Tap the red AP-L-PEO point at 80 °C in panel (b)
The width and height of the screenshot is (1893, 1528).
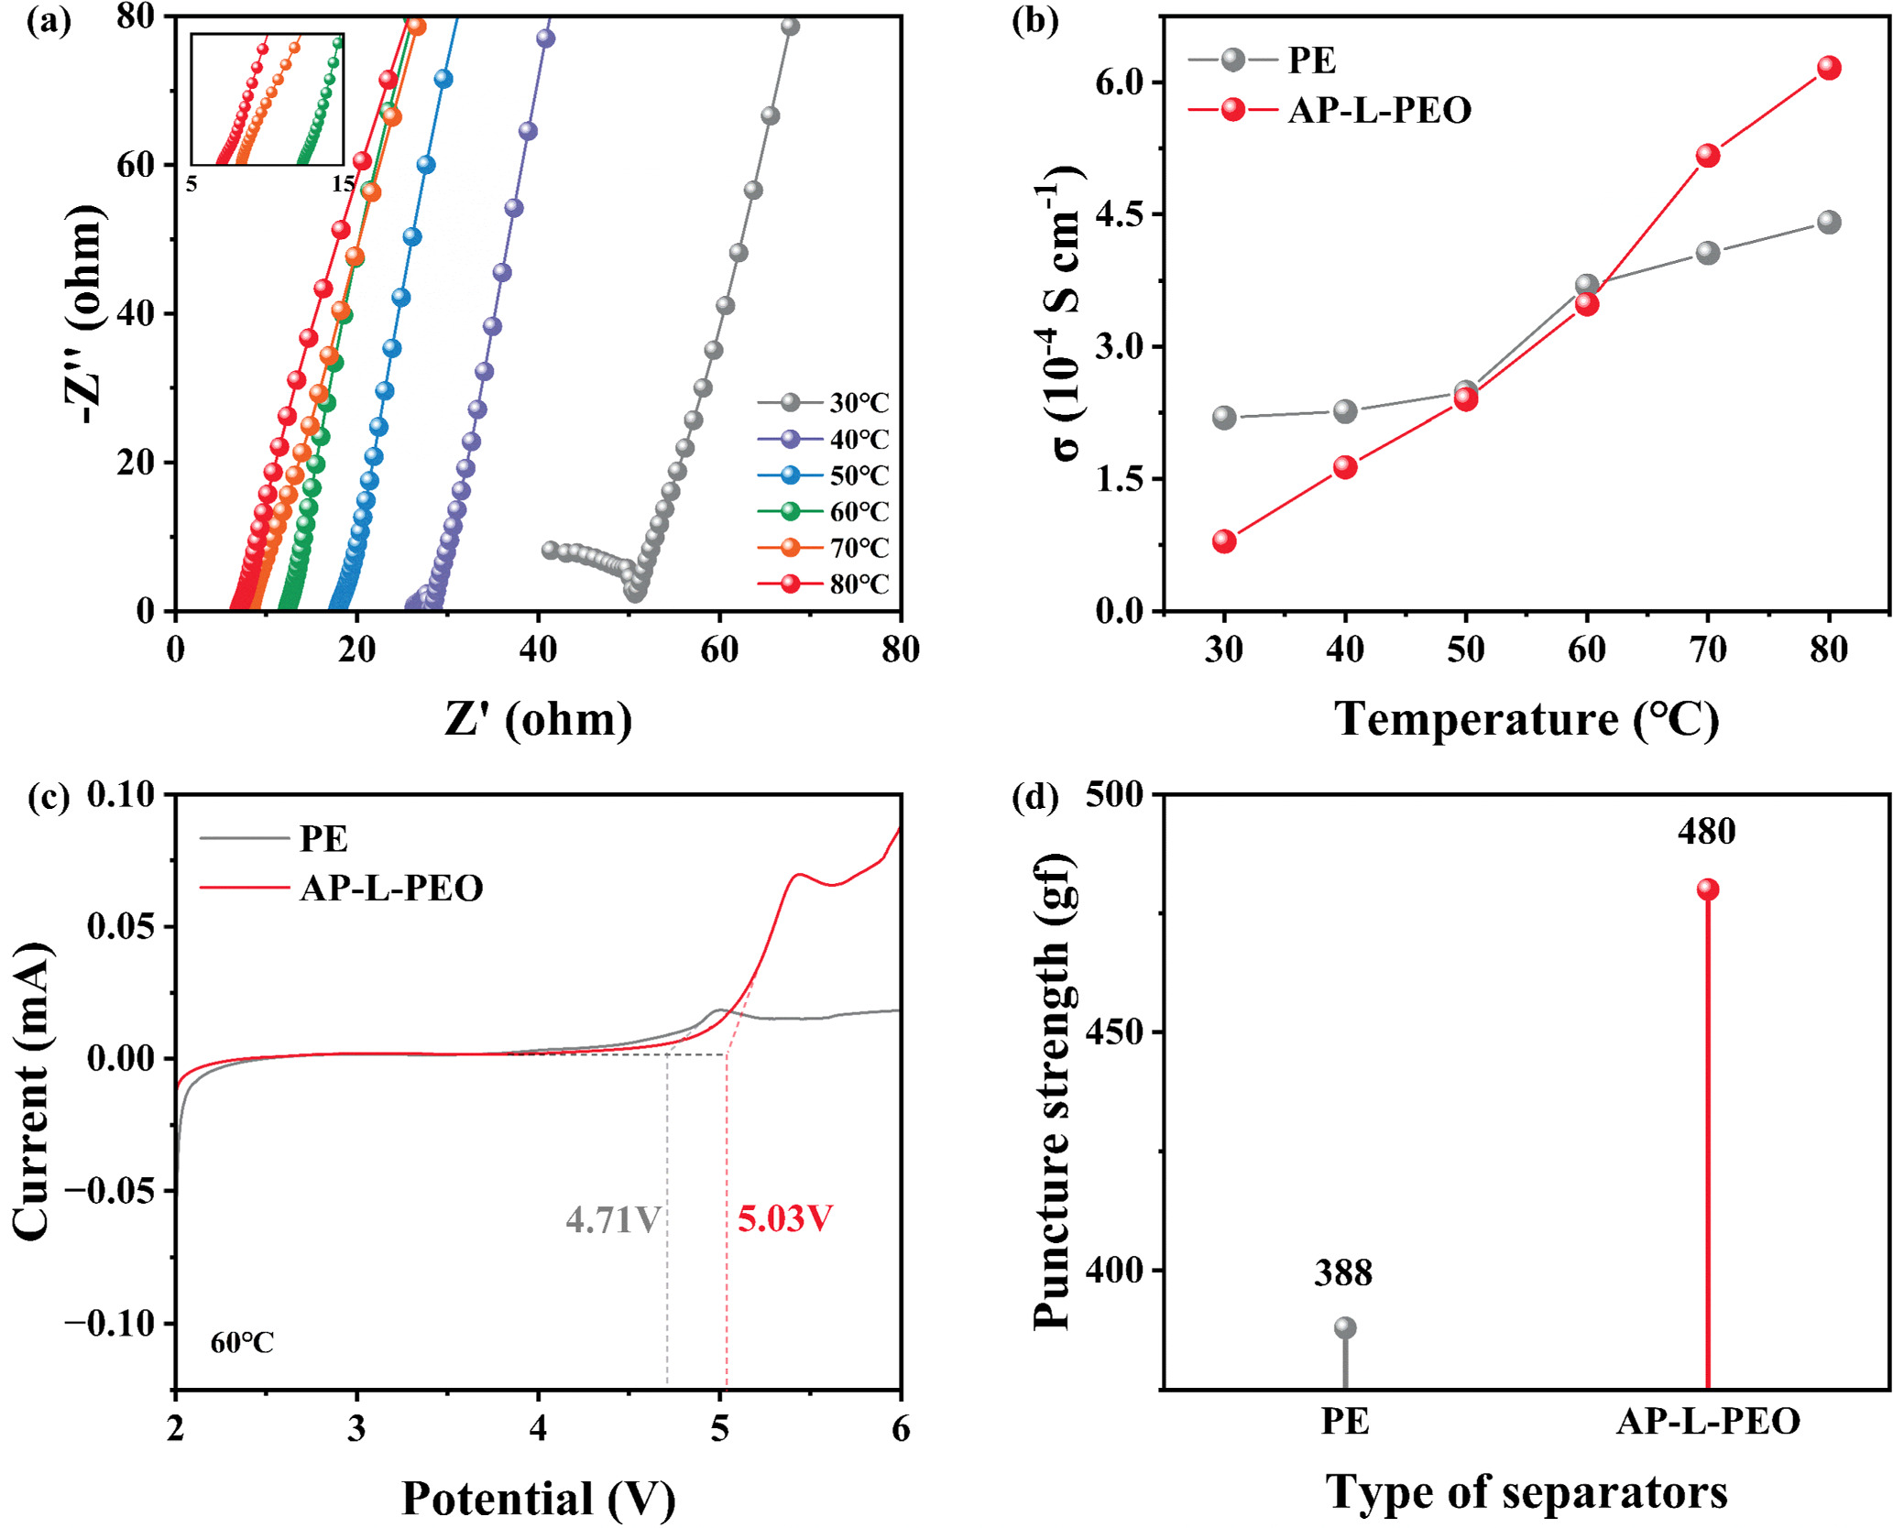(1829, 68)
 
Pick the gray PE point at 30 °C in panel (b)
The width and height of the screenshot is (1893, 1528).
(1224, 418)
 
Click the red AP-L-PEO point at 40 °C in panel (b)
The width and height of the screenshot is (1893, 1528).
(1345, 467)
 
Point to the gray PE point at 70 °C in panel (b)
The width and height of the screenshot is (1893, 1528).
(1708, 253)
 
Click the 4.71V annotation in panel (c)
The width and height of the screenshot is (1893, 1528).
(612, 1220)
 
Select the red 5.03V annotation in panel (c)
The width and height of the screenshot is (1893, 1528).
(785, 1219)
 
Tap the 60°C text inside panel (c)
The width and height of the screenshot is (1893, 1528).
(242, 1343)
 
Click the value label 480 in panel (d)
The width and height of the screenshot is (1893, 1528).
(1707, 832)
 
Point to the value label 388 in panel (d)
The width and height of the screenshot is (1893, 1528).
(1343, 1273)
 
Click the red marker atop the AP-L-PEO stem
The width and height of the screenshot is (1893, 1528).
(1708, 890)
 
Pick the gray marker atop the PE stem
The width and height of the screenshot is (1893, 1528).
(1345, 1327)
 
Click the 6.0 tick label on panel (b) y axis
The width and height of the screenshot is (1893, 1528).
(1122, 82)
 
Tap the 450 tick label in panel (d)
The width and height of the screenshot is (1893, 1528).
(1114, 1031)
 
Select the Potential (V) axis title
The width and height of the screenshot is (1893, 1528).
(539, 1499)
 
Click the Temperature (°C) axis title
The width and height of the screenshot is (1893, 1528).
(1526, 719)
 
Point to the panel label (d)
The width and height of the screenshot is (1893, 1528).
(1034, 797)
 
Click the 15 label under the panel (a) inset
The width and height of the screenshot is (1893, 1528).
(343, 184)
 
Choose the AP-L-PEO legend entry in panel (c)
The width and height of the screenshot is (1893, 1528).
(390, 888)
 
